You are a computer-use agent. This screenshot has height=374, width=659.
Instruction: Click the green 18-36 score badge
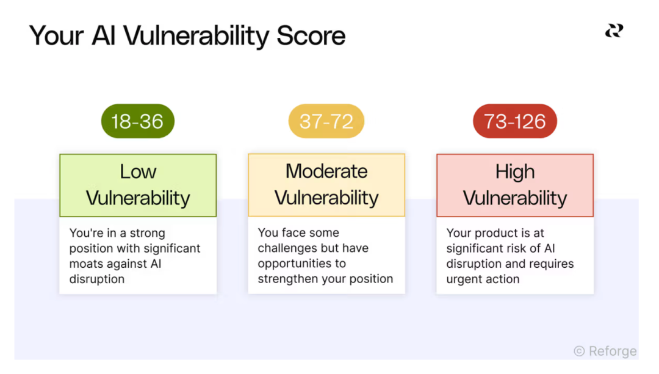tap(138, 121)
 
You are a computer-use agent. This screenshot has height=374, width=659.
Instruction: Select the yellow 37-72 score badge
tap(326, 121)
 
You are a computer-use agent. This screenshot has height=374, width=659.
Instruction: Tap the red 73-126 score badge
tap(515, 121)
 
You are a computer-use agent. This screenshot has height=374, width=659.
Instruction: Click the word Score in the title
tap(311, 35)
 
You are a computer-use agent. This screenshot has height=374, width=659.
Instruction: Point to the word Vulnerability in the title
tap(196, 36)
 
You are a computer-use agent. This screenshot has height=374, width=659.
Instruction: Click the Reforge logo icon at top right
tap(614, 31)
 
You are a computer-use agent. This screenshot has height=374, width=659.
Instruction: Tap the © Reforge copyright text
tap(605, 351)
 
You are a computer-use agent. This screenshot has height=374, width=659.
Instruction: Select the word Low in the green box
tap(139, 171)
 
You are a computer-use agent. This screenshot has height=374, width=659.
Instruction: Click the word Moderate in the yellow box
tap(326, 171)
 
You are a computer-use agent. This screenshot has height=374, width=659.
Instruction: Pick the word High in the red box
tap(515, 172)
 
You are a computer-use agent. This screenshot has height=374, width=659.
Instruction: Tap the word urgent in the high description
tap(464, 279)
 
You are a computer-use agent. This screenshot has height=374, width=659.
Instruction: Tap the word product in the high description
tap(496, 233)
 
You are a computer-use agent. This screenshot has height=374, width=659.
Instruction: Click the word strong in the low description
tap(147, 233)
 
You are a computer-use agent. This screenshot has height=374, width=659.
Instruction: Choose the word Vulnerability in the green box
tap(139, 198)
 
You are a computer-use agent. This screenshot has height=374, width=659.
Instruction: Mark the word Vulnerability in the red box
tap(515, 198)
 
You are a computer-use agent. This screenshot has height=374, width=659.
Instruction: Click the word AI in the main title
tap(103, 35)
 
